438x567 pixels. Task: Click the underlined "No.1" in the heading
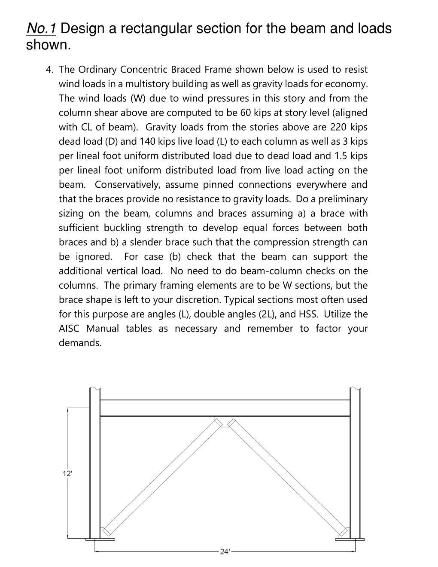pyautogui.click(x=41, y=29)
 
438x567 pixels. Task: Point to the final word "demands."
pyautogui.click(x=80, y=343)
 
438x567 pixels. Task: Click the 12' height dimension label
pyautogui.click(x=67, y=473)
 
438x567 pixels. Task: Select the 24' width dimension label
pyautogui.click(x=225, y=552)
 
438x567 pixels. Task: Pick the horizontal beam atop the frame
pyautogui.click(x=225, y=408)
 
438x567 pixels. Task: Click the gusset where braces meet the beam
pyautogui.click(x=225, y=421)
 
